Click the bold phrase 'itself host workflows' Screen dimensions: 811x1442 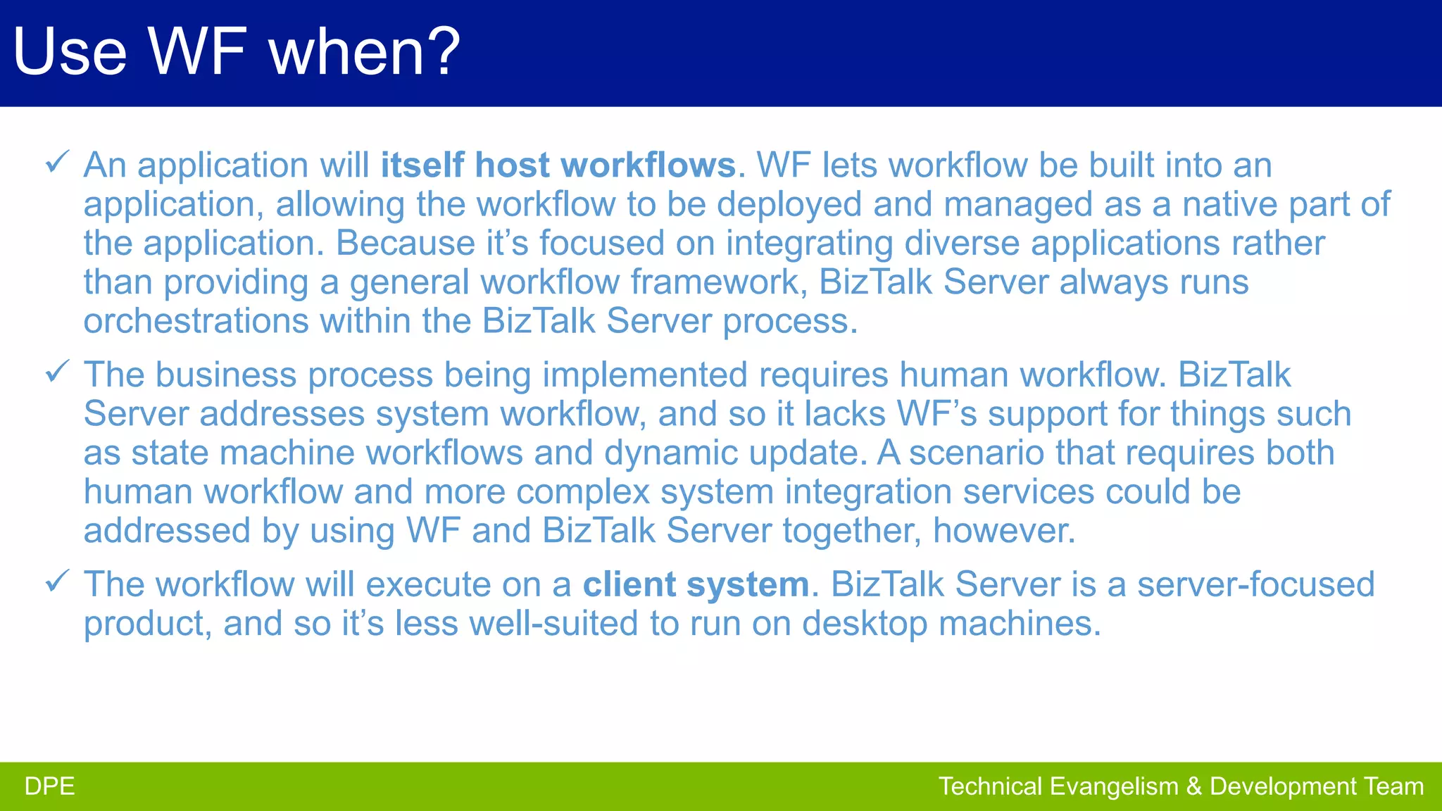tap(558, 165)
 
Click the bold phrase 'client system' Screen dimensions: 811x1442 tap(696, 584)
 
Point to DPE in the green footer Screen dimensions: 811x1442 tap(49, 786)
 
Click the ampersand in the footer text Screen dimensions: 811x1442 tap(1194, 786)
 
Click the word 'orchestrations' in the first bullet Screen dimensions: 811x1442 tap(196, 321)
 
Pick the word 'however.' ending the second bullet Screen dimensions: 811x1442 tap(1004, 531)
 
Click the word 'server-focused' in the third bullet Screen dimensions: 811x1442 tap(1255, 584)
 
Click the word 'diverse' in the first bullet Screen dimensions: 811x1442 tap(962, 243)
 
